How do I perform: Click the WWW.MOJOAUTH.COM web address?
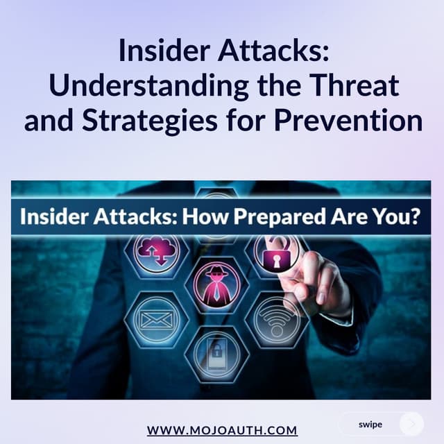[x=222, y=430]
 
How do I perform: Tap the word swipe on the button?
[x=370, y=423]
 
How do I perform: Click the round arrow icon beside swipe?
[x=412, y=423]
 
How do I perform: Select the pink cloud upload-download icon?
[x=157, y=250]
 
